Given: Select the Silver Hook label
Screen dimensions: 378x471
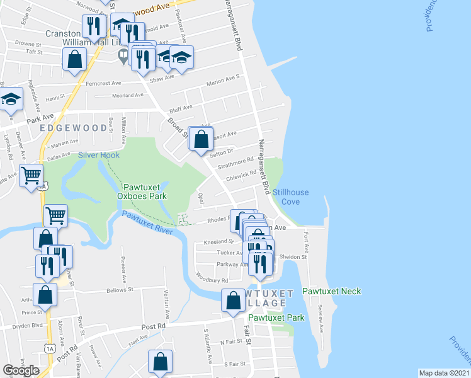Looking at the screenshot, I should pyautogui.click(x=98, y=155).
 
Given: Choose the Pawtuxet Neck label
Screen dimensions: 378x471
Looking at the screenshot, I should pyautogui.click(x=331, y=292).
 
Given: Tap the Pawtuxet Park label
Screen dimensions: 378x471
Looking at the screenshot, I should pyautogui.click(x=276, y=318).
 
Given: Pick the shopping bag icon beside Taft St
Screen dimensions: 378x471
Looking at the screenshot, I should pyautogui.click(x=74, y=59).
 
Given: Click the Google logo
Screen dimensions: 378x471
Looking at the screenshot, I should pyautogui.click(x=21, y=370).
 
